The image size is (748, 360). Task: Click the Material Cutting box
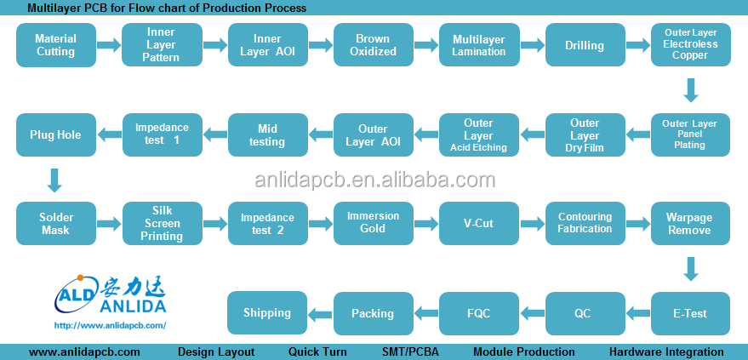[x=55, y=45]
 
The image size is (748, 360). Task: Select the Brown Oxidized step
[x=373, y=45]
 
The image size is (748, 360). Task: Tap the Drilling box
[x=584, y=45]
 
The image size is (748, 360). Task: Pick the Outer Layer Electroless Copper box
[x=690, y=44]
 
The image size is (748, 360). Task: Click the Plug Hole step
[x=55, y=134]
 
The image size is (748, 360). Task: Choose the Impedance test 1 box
[x=162, y=134]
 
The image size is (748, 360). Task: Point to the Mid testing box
[x=266, y=134]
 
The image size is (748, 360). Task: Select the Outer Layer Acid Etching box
[x=478, y=134]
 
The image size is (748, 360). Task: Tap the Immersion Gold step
[x=373, y=223]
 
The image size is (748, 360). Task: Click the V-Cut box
[x=478, y=223]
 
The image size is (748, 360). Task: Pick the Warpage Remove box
[x=690, y=223]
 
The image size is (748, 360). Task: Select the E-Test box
[x=690, y=312]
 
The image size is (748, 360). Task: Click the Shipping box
[x=266, y=312]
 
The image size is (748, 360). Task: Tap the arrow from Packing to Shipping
[x=320, y=312]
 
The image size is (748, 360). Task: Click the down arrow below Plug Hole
[x=54, y=180]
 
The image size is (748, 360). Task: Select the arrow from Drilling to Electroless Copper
[x=637, y=45]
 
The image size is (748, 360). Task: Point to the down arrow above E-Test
[x=690, y=269]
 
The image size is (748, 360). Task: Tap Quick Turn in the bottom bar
[x=317, y=351]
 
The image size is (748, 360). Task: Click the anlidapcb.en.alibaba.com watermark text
[x=375, y=180]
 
